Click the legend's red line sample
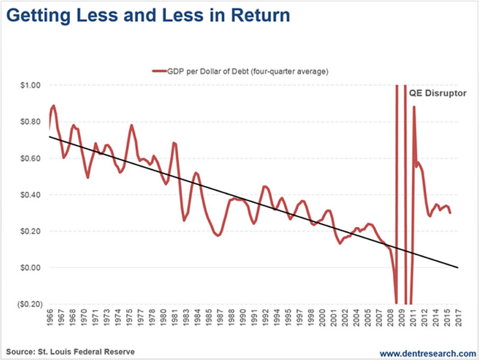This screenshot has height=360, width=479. coord(159,72)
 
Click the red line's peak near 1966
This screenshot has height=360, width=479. coord(53,105)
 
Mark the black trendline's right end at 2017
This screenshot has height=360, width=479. coord(458,267)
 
